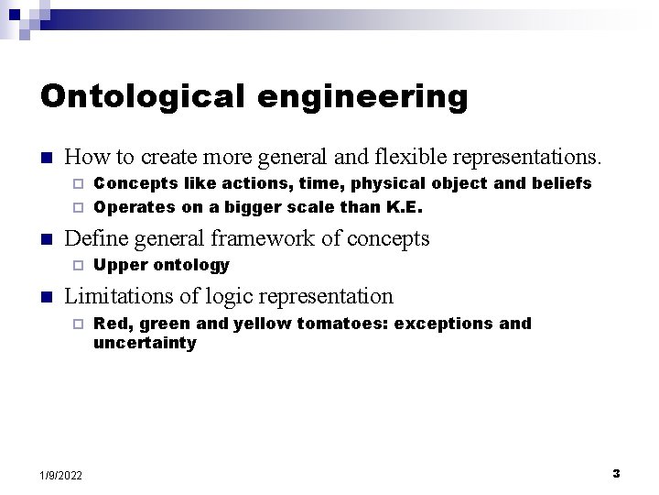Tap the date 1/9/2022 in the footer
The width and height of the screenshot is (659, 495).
(60, 475)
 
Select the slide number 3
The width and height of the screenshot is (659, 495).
(616, 474)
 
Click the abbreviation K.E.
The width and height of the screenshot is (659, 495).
(404, 206)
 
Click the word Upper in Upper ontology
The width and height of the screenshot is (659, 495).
(116, 265)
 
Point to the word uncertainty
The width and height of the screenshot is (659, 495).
(145, 343)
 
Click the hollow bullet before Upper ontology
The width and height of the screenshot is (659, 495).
(79, 266)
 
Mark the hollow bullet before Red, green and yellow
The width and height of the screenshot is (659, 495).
(79, 324)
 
